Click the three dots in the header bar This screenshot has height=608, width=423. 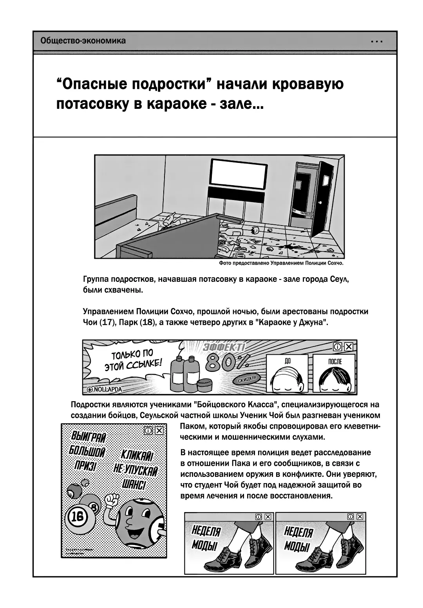376,41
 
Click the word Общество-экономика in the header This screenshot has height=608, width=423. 83,41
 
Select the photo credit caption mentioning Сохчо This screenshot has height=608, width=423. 281,263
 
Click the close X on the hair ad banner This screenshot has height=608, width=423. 349,346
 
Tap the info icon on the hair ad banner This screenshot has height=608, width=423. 337,346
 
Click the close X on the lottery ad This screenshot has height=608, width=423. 159,431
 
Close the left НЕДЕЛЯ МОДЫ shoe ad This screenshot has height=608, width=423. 268,517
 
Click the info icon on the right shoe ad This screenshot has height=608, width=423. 351,517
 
